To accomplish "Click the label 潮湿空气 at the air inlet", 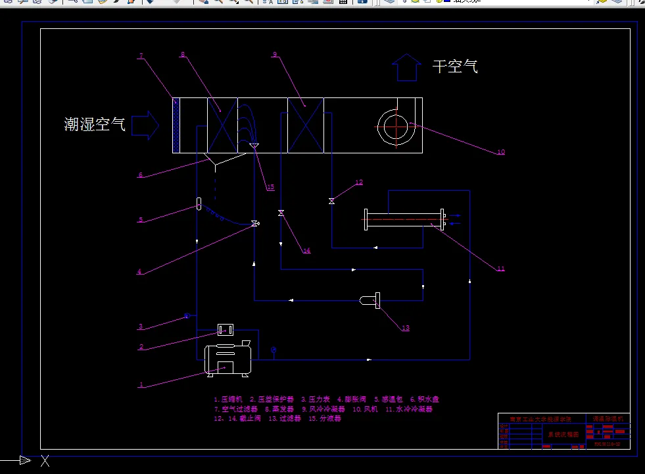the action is pyautogui.click(x=95, y=124).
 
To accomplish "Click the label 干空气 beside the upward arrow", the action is pyautogui.click(x=455, y=66).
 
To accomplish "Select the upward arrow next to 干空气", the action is pyautogui.click(x=406, y=67).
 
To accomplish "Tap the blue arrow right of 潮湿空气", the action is pyautogui.click(x=145, y=124).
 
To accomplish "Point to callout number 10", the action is pyautogui.click(x=501, y=152).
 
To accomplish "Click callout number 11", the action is pyautogui.click(x=500, y=269).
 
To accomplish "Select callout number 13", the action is pyautogui.click(x=405, y=328).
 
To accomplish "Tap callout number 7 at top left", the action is pyautogui.click(x=141, y=56).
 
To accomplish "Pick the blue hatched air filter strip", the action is pyautogui.click(x=176, y=125).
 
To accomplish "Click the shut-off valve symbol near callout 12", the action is pyautogui.click(x=331, y=201).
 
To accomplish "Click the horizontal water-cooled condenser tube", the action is pyautogui.click(x=404, y=219).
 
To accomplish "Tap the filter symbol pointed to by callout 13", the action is pyautogui.click(x=370, y=301).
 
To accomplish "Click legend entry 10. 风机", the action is pyautogui.click(x=366, y=409).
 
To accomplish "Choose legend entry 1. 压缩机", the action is pyautogui.click(x=228, y=399).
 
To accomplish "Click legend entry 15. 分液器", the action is pyautogui.click(x=325, y=418).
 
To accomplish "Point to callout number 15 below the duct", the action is pyautogui.click(x=270, y=188).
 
